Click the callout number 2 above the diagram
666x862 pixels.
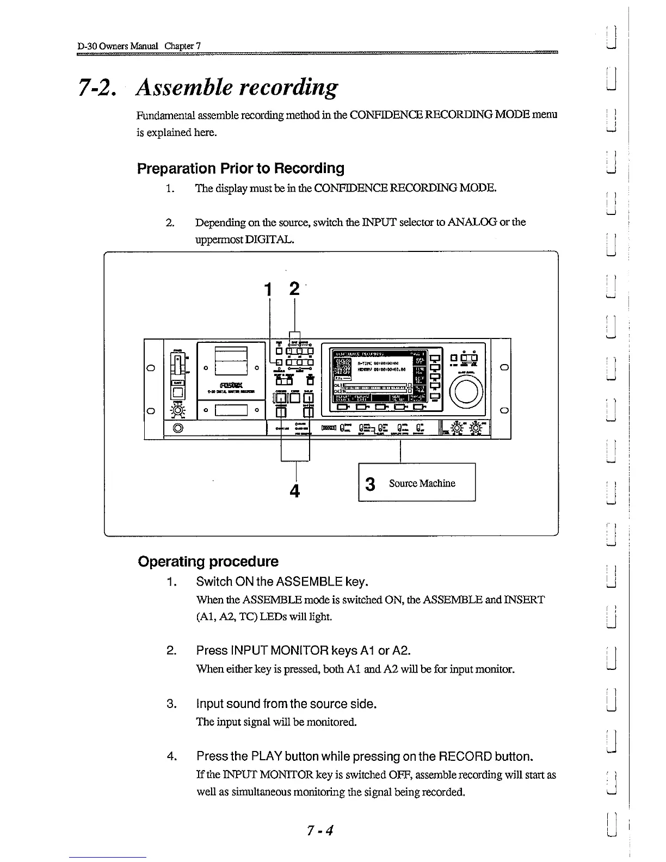click(x=294, y=288)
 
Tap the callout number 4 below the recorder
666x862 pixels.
click(x=295, y=491)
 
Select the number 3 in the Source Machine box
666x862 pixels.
click(x=371, y=484)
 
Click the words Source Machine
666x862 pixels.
click(x=422, y=483)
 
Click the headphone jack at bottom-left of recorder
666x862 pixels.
click(x=177, y=428)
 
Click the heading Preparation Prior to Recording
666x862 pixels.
click(x=240, y=168)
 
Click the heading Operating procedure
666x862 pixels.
click(x=208, y=562)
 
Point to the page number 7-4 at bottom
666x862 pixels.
click(x=319, y=830)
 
